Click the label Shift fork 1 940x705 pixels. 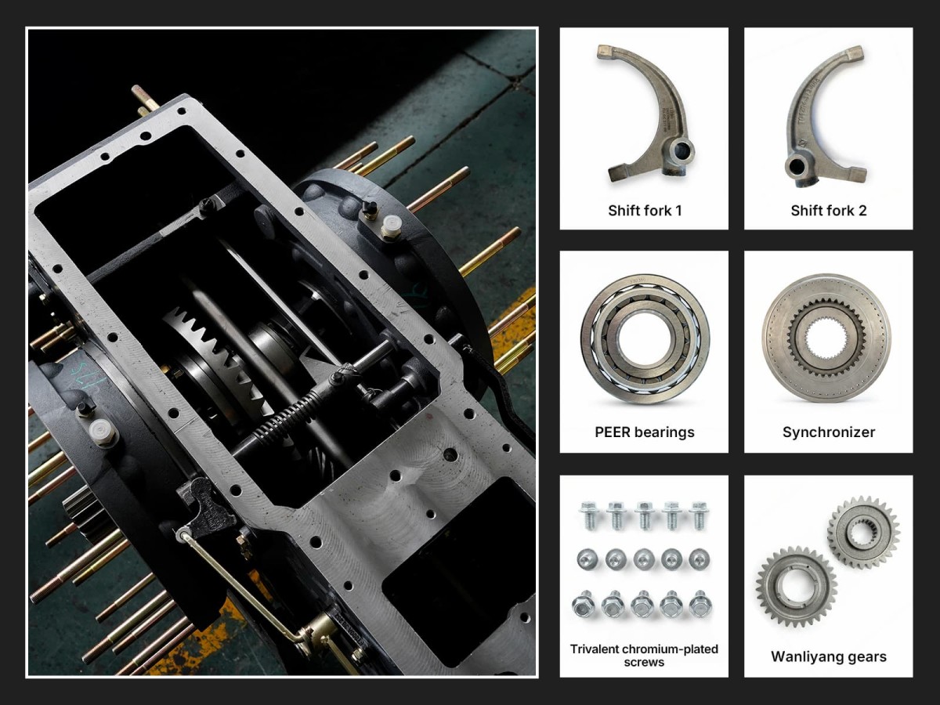(x=645, y=211)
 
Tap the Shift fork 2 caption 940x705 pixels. (x=829, y=211)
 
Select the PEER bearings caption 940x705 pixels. (x=645, y=432)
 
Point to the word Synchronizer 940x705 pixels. (x=829, y=432)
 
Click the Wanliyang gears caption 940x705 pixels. (x=829, y=656)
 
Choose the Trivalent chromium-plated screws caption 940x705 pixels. (x=644, y=656)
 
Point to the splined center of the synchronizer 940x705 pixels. (x=826, y=338)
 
